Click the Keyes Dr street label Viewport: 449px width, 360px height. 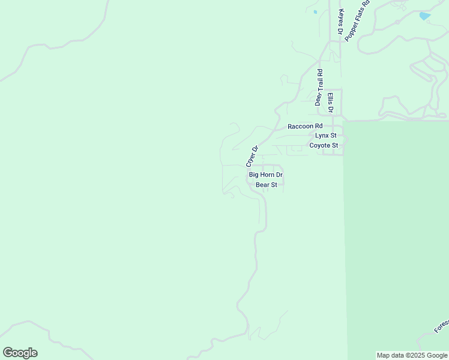click(340, 22)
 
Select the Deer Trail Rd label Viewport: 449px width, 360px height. click(319, 88)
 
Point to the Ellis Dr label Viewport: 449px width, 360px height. click(330, 103)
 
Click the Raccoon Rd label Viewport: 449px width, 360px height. click(305, 126)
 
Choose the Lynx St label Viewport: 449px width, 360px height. click(326, 136)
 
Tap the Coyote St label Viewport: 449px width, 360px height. click(324, 145)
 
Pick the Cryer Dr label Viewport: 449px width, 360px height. click(252, 157)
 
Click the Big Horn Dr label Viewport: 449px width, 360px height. click(265, 175)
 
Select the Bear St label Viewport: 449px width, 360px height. click(266, 185)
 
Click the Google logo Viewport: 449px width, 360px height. click(20, 353)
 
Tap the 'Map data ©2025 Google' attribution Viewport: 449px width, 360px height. click(412, 355)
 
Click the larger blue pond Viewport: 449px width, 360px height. click(424, 16)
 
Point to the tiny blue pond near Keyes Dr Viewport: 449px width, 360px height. click(315, 11)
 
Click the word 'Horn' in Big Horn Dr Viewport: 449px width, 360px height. click(267, 175)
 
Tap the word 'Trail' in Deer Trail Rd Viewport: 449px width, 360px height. click(319, 84)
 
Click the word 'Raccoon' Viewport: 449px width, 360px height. click(301, 126)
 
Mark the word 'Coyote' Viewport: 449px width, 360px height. click(319, 145)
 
